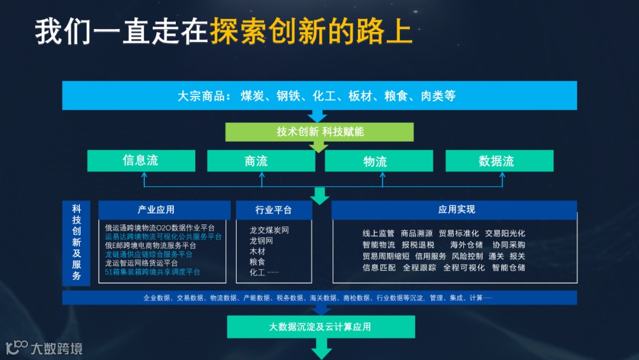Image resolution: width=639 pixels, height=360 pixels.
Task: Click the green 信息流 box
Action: [141, 160]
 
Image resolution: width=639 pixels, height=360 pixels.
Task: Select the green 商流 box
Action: [256, 160]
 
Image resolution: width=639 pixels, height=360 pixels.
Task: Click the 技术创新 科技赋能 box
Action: [319, 131]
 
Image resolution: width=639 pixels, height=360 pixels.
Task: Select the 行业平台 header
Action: [273, 210]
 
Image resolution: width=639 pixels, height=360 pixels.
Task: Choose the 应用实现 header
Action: [454, 210]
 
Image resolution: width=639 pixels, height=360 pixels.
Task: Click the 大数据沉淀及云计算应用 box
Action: [321, 327]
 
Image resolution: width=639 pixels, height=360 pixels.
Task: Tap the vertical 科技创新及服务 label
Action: [76, 242]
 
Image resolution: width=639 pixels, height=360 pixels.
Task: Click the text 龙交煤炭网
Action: [269, 230]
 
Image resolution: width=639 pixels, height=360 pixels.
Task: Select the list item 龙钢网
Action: [261, 241]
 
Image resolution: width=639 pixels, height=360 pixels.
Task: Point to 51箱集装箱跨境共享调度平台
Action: [152, 272]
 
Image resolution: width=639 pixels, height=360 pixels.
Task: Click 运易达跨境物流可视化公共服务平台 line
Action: [163, 236]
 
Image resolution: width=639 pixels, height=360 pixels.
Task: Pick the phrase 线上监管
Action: [378, 233]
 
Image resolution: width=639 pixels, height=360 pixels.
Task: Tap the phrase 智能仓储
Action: [508, 267]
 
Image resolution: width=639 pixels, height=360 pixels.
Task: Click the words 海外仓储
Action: [466, 245]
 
